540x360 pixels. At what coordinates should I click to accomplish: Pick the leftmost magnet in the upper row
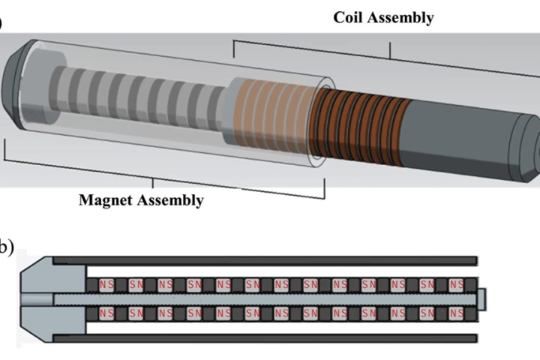coord(106,285)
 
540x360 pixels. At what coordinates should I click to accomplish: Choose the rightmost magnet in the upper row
coord(457,285)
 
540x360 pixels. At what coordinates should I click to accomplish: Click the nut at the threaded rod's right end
coord(482,298)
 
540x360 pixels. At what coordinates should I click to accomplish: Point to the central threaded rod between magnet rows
coord(262,298)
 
